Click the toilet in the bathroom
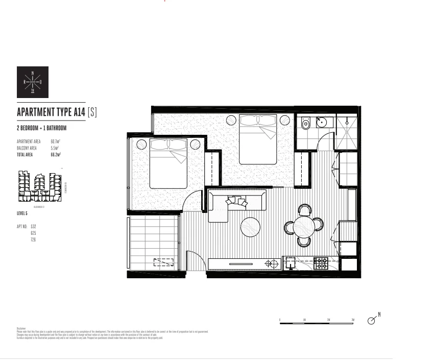[306, 123]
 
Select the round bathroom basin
[322, 122]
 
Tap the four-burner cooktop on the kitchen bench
[321, 263]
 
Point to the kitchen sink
[289, 263]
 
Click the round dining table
[304, 225]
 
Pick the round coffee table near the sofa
[250, 227]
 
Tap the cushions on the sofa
[237, 202]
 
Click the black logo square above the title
[33, 82]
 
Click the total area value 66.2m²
[56, 154]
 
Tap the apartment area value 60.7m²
[56, 141]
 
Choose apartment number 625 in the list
[33, 233]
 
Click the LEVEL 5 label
[22, 213]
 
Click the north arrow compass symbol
[372, 320]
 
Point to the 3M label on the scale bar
[353, 320]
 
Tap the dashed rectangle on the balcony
[164, 262]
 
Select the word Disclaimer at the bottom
[21, 328]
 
